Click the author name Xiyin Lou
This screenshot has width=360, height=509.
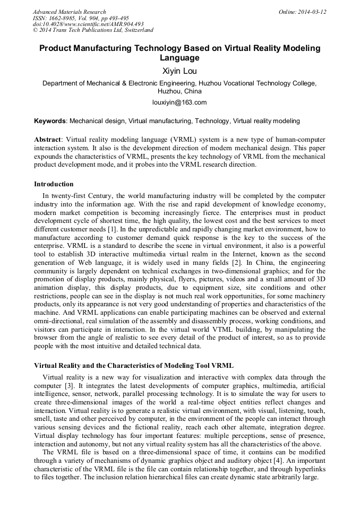(x=179, y=70)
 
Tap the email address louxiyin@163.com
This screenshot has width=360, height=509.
(x=179, y=102)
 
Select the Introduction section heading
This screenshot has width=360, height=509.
(x=54, y=184)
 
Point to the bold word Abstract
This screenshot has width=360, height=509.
(x=47, y=140)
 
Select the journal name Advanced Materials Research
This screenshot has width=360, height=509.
(x=69, y=12)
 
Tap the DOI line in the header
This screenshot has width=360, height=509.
(x=88, y=24)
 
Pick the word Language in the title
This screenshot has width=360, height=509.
(x=179, y=58)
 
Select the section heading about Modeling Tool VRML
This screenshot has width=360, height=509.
(x=133, y=366)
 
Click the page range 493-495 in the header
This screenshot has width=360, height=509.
(x=121, y=18)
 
